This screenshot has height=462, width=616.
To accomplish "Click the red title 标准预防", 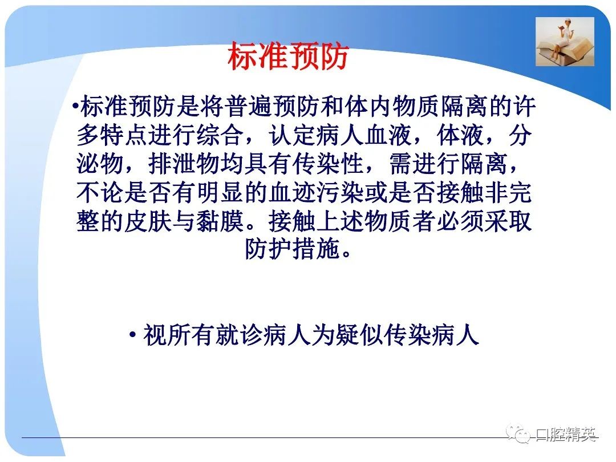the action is pyautogui.click(x=288, y=56).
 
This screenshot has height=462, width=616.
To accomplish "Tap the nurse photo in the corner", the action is pyautogui.click(x=565, y=42).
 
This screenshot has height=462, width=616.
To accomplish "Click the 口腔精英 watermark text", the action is pyautogui.click(x=566, y=434).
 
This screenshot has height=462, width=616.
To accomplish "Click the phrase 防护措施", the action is pyautogui.click(x=292, y=249).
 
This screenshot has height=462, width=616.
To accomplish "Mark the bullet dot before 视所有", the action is pyautogui.click(x=133, y=335).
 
